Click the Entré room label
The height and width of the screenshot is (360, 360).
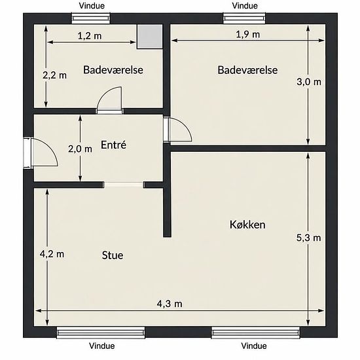pyautogui.click(x=113, y=145)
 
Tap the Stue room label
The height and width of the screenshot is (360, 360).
pyautogui.click(x=113, y=255)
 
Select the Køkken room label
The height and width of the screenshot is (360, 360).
pyautogui.click(x=247, y=225)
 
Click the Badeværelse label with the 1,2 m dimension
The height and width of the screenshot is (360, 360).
pyautogui.click(x=113, y=70)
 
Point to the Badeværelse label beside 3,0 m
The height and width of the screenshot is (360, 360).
pyautogui.click(x=247, y=70)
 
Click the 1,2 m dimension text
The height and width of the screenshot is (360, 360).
pyautogui.click(x=90, y=36)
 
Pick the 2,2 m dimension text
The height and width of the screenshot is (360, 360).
pyautogui.click(x=54, y=75)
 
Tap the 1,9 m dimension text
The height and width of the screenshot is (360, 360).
pyautogui.click(x=248, y=35)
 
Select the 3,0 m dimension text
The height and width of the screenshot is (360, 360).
pyautogui.click(x=309, y=82)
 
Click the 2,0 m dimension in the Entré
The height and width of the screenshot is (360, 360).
pyautogui.click(x=80, y=149)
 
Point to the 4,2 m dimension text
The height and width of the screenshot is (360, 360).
pyautogui.click(x=52, y=254)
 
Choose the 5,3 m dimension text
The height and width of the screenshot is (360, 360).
pyautogui.click(x=308, y=238)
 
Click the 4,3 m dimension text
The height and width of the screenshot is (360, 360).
pyautogui.click(x=170, y=304)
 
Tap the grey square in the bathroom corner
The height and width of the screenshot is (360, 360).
pyautogui.click(x=150, y=37)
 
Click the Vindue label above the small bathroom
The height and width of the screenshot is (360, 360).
pyautogui.click(x=92, y=6)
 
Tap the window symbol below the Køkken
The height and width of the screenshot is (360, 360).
pyautogui.click(x=255, y=333)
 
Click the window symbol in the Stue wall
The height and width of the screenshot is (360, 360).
pyautogui.click(x=101, y=333)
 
